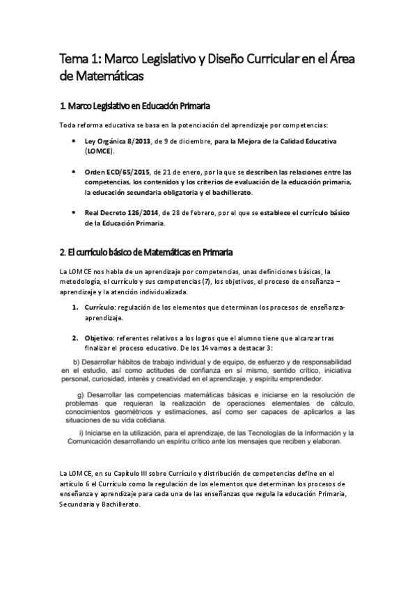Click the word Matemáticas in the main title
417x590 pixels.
pos(109,76)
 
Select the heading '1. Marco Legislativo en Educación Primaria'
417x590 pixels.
pos(136,106)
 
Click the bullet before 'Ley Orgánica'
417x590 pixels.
pos(74,141)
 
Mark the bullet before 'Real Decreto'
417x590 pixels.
pos(74,212)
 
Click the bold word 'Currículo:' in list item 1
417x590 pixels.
pos(101,307)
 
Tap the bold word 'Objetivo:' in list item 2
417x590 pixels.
pos(100,337)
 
